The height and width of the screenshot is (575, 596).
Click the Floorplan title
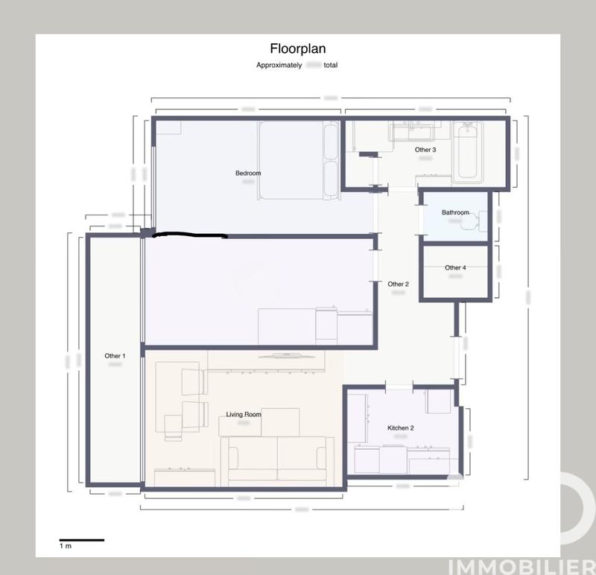[297, 49]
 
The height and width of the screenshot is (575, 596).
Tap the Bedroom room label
[248, 174]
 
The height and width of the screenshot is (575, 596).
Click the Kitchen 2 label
[400, 428]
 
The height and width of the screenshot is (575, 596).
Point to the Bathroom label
[455, 212]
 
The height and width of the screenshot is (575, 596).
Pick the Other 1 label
[115, 356]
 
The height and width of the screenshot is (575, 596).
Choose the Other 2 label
[398, 284]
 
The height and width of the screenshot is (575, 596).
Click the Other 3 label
[425, 150]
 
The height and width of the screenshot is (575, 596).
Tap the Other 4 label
[455, 267]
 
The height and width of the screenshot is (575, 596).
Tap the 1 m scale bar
[82, 540]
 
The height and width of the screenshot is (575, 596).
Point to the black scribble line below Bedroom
[190, 236]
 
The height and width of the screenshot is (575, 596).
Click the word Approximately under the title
[279, 66]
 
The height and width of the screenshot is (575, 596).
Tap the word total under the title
[331, 66]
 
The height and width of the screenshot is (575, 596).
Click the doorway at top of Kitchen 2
[399, 386]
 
